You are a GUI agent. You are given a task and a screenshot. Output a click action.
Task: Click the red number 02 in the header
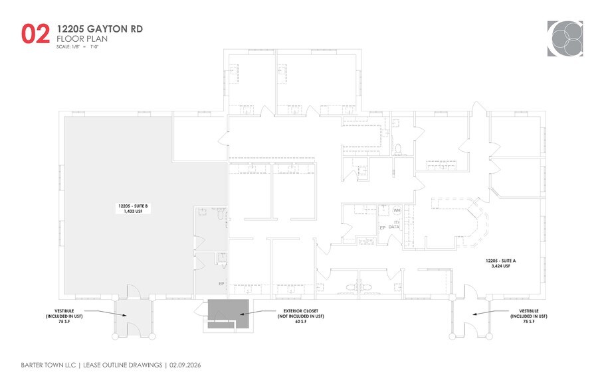click(35, 34)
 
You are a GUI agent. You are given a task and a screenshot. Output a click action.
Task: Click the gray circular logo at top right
click(565, 38)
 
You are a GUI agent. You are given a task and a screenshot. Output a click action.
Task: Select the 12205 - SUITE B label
click(134, 207)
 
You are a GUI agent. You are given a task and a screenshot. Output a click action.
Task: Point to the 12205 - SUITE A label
click(500, 261)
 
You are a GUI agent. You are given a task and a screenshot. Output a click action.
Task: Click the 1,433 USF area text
click(134, 213)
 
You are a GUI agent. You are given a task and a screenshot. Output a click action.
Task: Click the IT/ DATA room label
click(394, 225)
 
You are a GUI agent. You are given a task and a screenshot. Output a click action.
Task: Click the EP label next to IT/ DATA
click(382, 227)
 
